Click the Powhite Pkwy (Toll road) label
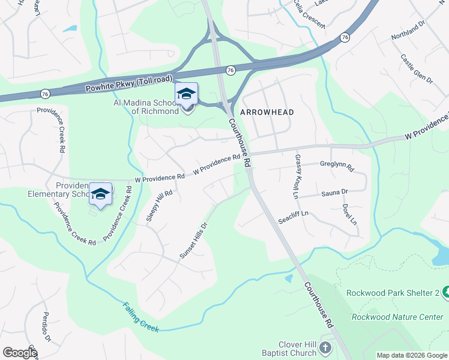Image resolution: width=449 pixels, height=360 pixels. click(x=129, y=82)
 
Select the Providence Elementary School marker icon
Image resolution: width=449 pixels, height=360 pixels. click(x=101, y=194)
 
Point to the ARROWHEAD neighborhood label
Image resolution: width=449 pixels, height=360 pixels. click(x=267, y=112)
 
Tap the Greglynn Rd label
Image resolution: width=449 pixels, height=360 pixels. click(x=337, y=164)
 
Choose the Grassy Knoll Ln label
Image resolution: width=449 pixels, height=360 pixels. click(x=296, y=176)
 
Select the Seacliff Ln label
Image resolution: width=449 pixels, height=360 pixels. click(x=293, y=217)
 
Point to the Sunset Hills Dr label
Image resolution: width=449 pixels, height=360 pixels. click(x=193, y=241)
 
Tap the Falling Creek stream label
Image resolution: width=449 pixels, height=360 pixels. click(x=142, y=316)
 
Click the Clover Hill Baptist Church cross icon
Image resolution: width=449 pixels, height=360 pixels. click(x=325, y=348)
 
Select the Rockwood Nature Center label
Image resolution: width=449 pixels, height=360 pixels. click(x=397, y=316)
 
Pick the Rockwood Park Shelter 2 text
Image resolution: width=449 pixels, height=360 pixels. click(x=393, y=293)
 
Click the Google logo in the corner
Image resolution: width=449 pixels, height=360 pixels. click(x=20, y=353)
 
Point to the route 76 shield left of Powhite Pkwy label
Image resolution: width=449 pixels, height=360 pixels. click(x=45, y=94)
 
